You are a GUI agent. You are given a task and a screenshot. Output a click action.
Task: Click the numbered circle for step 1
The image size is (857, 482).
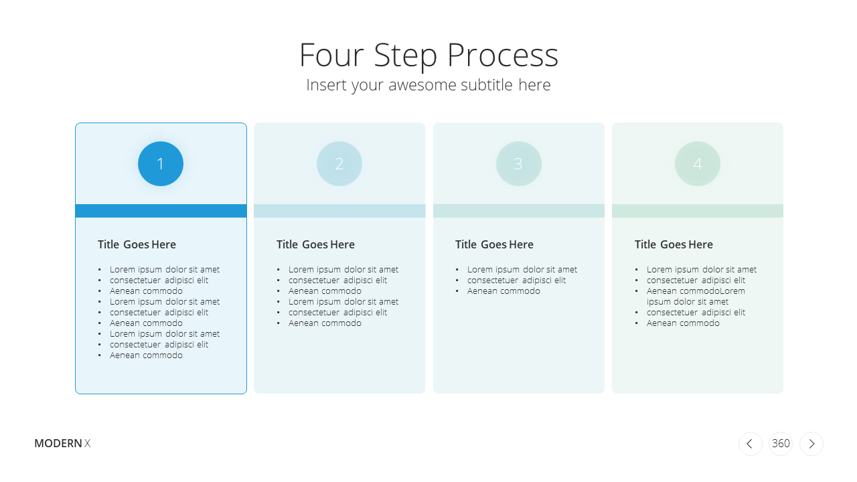pyautogui.click(x=161, y=164)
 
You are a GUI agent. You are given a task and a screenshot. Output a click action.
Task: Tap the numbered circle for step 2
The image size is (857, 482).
pyautogui.click(x=339, y=164)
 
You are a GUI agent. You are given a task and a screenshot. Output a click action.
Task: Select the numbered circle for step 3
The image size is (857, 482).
pyautogui.click(x=519, y=164)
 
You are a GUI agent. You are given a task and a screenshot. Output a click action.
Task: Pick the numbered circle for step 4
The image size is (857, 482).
pyautogui.click(x=698, y=164)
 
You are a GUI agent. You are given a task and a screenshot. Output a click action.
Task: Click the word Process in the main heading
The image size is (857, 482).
pyautogui.click(x=503, y=56)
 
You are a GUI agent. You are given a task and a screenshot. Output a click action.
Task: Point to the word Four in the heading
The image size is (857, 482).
pyautogui.click(x=331, y=56)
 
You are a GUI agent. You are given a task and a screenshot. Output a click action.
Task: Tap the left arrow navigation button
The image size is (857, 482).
pyautogui.click(x=751, y=444)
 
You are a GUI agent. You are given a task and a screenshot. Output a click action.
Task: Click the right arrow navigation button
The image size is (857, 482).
pyautogui.click(x=811, y=444)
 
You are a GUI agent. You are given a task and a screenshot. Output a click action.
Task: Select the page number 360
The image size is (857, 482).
pyautogui.click(x=781, y=443)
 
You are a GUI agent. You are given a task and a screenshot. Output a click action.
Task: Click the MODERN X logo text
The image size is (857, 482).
pyautogui.click(x=62, y=443)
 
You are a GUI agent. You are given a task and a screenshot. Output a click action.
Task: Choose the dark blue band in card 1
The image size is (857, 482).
pyautogui.click(x=161, y=211)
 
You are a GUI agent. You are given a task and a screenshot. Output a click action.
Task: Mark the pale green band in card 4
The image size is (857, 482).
pyautogui.click(x=698, y=211)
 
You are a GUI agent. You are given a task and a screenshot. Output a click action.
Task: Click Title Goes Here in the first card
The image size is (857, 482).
pyautogui.click(x=137, y=244)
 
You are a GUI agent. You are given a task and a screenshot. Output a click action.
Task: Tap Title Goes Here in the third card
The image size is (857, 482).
pyautogui.click(x=494, y=244)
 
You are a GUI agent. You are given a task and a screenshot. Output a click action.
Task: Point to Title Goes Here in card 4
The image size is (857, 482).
pyautogui.click(x=674, y=244)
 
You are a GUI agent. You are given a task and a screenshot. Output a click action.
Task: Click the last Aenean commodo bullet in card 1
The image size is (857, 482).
pyautogui.click(x=146, y=355)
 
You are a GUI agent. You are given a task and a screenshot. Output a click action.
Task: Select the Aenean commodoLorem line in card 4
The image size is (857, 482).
pyautogui.click(x=696, y=291)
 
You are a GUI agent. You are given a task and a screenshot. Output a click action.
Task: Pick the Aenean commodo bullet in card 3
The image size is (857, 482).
pyautogui.click(x=503, y=291)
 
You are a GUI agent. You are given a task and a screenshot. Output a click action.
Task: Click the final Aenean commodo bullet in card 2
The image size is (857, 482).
pyautogui.click(x=325, y=323)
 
